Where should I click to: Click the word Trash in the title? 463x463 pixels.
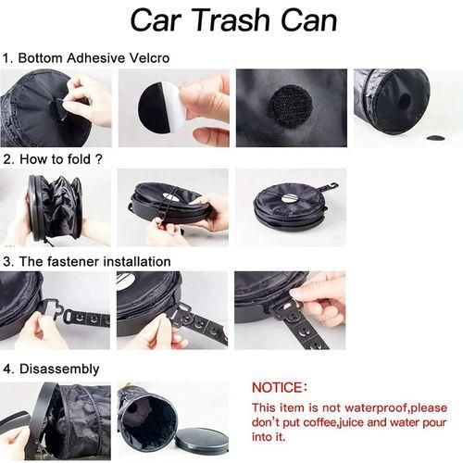pyautogui.click(x=228, y=20)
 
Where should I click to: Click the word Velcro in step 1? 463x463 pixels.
pyautogui.click(x=149, y=58)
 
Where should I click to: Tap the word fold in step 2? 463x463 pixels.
pyautogui.click(x=77, y=159)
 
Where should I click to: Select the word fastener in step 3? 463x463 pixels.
pyautogui.click(x=73, y=261)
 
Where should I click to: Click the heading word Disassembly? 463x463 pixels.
pyautogui.click(x=59, y=369)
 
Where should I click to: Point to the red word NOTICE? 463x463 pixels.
pyautogui.click(x=277, y=388)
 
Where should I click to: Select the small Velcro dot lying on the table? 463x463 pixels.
pyautogui.click(x=435, y=137)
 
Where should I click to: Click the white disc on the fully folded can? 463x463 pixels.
pyautogui.click(x=290, y=197)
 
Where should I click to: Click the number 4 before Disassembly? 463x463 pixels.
pyautogui.click(x=7, y=369)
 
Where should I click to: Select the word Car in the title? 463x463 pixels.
pyautogui.click(x=157, y=20)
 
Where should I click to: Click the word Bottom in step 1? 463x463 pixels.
pyautogui.click(x=40, y=58)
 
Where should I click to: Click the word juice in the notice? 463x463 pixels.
pyautogui.click(x=350, y=422)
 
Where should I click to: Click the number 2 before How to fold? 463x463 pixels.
pyautogui.click(x=7, y=159)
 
